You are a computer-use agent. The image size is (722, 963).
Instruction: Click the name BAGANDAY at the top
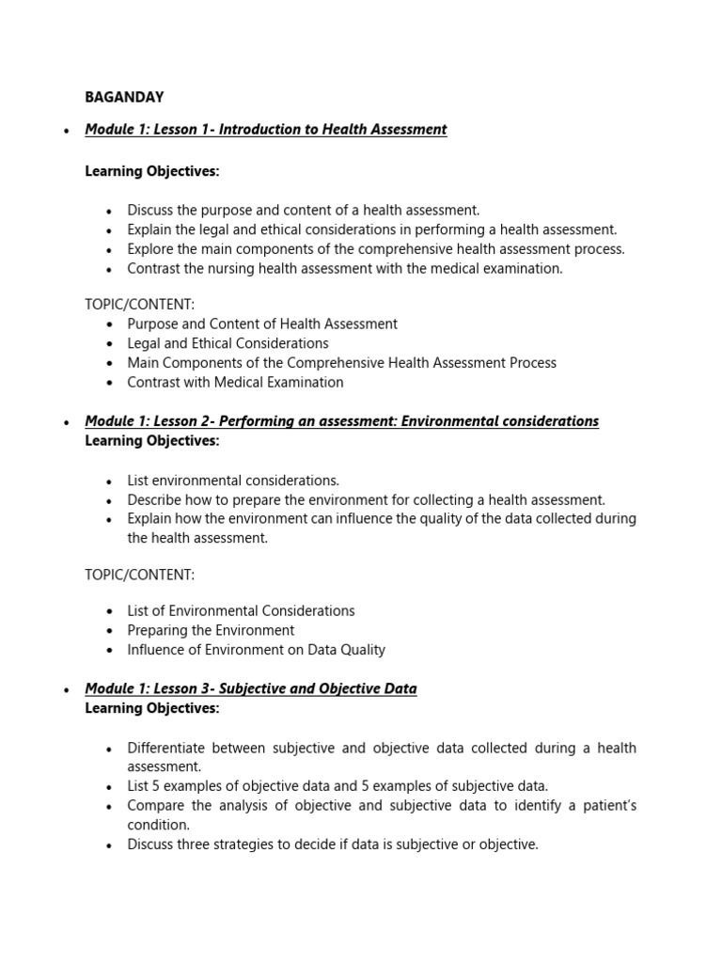pos(124,97)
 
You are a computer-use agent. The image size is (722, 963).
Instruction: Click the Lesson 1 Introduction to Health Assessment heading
pos(266,130)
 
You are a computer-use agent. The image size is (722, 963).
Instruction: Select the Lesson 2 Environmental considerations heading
pos(341,421)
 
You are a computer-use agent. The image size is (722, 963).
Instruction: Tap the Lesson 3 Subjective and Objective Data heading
pos(250,688)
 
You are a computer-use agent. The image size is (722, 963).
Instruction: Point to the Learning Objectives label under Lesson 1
pos(151,171)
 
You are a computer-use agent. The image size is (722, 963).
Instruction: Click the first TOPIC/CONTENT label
pos(140,304)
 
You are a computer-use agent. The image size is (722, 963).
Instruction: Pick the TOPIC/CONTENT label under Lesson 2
pos(140,575)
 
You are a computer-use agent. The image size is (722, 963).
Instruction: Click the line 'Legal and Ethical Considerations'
pos(228,343)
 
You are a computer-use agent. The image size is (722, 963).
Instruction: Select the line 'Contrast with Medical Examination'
pos(235,383)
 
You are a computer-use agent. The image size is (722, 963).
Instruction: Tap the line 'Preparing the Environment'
pos(211,630)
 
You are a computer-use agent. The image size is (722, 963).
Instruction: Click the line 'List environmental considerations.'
pos(233,481)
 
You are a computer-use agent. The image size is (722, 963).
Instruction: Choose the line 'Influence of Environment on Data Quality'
pos(256,650)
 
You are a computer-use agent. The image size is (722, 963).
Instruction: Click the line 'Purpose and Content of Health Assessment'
pos(262,324)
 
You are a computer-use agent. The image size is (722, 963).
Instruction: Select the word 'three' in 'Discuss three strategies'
pos(198,845)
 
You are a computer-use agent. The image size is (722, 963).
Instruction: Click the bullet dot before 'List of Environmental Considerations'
pos(109,611)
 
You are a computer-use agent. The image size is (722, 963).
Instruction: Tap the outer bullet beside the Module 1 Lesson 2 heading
pos(66,422)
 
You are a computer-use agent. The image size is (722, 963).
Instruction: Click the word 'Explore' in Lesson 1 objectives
pos(152,249)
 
